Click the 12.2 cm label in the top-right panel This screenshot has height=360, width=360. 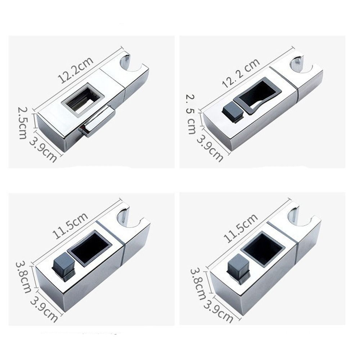(x=241, y=73)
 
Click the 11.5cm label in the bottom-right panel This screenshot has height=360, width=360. (x=240, y=228)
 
